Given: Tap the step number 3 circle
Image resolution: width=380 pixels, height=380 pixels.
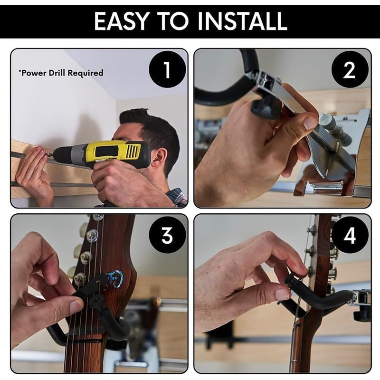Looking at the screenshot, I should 167,236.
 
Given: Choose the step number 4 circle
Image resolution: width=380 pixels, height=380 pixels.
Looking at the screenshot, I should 350,236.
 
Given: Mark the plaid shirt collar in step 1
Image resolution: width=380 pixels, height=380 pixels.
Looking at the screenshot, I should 177,196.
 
